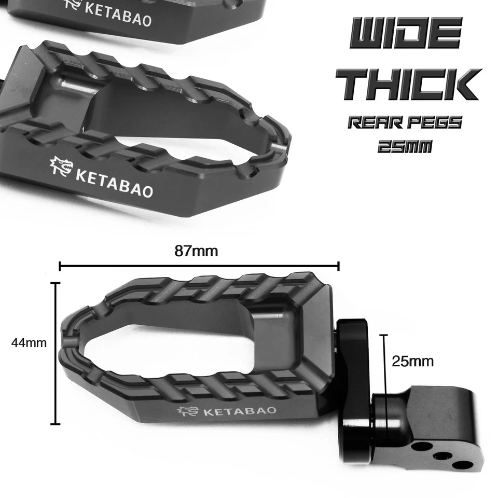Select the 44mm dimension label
[29, 343]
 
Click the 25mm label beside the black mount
[413, 361]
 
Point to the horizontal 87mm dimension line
[199, 267]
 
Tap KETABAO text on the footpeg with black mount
[240, 412]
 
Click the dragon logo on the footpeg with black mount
[187, 411]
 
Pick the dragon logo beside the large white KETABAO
[61, 167]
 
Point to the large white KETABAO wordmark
[114, 179]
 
